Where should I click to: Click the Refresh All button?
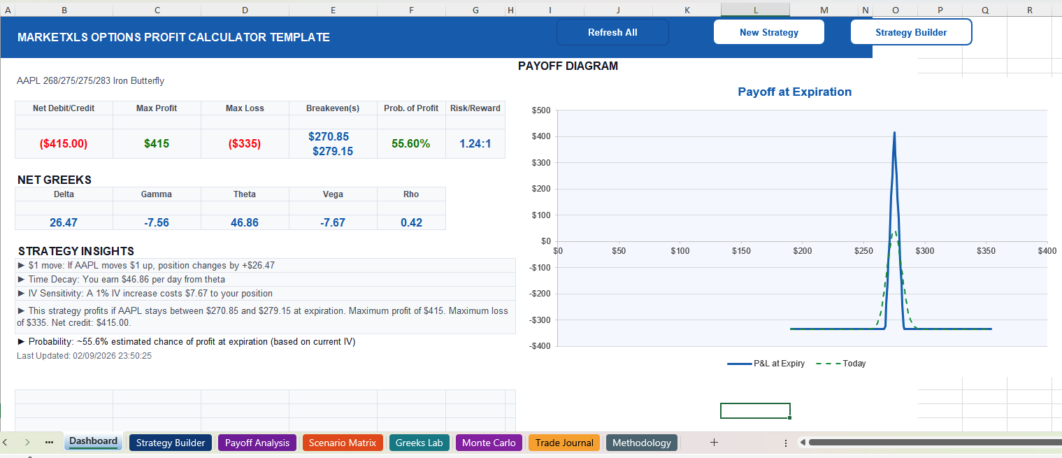pos(612,32)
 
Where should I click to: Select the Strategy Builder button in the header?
pos(911,32)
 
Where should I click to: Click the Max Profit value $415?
pos(157,143)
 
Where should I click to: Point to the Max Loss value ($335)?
pos(245,143)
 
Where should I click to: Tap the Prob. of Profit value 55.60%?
pos(411,143)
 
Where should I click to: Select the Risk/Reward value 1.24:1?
pos(475,143)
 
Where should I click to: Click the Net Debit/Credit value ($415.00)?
pos(64,143)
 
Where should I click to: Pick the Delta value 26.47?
pos(64,222)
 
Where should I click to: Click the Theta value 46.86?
pos(245,222)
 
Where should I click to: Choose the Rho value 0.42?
pos(411,222)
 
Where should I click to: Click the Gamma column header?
pos(157,194)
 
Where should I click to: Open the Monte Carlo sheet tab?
pos(489,443)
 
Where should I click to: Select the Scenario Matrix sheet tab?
pos(343,443)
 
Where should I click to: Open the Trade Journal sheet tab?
pos(564,443)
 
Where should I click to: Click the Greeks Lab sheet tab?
pos(419,443)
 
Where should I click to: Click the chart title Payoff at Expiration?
pos(795,92)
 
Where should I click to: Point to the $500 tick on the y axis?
pos(541,110)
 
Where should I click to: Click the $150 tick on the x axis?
pos(741,251)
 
